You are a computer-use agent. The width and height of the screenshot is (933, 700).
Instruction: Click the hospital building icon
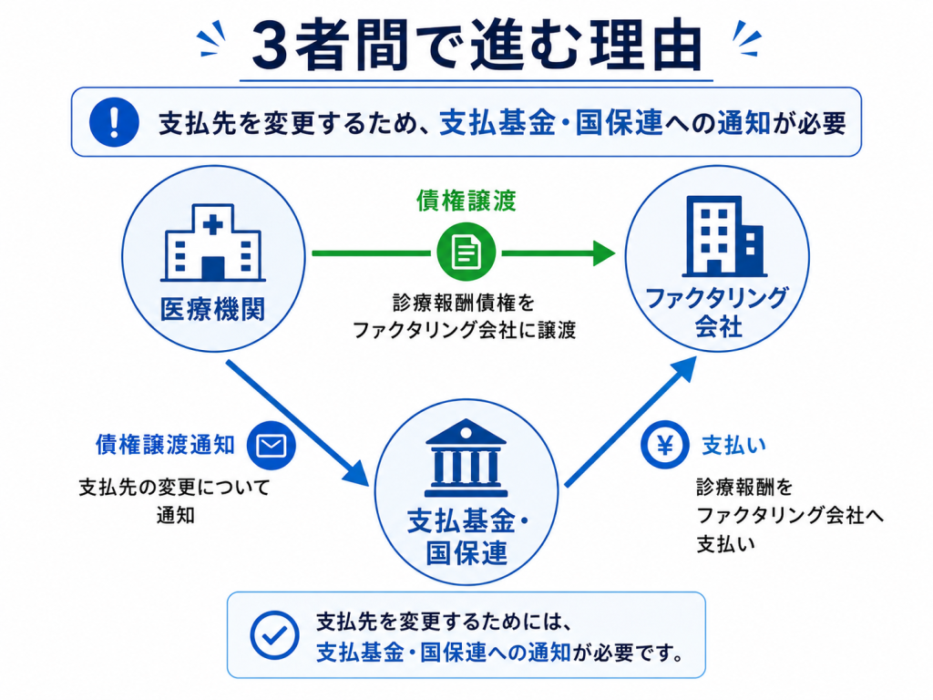213,242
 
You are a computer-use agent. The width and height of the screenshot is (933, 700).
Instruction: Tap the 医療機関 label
212,310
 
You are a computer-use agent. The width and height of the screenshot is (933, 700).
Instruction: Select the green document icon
466,252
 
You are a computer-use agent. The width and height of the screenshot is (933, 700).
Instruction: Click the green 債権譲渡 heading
466,201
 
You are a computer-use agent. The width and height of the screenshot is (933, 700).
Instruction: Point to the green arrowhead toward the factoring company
603,253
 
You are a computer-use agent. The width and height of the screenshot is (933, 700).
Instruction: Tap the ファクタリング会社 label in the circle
718,312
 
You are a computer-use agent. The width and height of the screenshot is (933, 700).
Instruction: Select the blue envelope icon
272,445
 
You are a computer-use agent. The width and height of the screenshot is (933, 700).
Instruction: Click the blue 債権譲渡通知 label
166,445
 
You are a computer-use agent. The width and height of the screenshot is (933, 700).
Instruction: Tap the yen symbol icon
665,445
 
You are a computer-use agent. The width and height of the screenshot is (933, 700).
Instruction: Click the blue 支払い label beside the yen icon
733,445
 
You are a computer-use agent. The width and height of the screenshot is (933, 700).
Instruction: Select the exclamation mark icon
114,122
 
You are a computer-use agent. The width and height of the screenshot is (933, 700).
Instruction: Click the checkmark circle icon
274,635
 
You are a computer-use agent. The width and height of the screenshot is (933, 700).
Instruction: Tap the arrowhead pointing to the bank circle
358,473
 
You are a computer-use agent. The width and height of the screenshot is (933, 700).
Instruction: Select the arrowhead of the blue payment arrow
683,370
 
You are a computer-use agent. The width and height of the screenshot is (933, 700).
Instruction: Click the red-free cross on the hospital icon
213,225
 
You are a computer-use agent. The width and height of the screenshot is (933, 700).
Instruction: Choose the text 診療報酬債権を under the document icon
464,303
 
